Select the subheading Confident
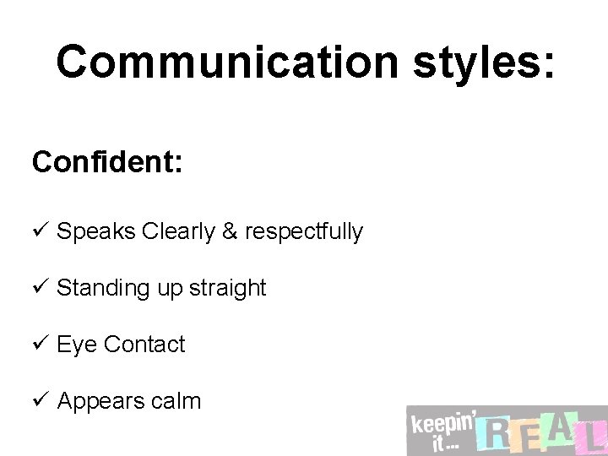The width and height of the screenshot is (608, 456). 106,161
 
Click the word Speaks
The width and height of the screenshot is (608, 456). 96,231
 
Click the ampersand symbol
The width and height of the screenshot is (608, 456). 230,231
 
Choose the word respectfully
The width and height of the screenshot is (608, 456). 304,231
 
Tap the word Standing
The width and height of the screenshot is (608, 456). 104,288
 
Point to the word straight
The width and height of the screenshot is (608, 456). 227,288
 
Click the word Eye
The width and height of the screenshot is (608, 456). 77,345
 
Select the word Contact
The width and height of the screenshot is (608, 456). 144,345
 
